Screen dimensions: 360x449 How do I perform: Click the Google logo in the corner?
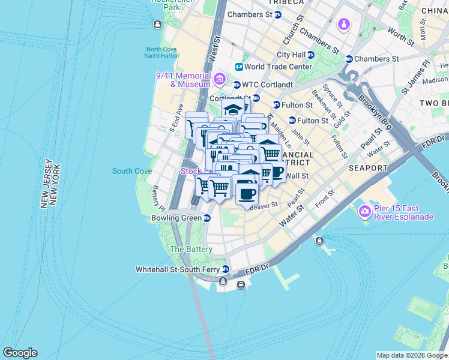pos(20,353)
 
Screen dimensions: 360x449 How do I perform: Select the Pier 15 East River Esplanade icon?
pos(364,211)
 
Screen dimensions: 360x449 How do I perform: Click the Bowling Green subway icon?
pos(206,218)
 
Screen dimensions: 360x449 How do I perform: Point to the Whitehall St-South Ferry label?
pos(178,269)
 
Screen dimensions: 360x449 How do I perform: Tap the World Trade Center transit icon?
pos(239,67)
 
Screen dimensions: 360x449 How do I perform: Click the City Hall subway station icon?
pos(311,55)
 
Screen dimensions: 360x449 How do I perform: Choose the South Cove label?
pos(131,171)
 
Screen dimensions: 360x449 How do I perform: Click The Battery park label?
pos(191,249)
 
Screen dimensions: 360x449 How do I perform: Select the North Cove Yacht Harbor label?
pos(162,53)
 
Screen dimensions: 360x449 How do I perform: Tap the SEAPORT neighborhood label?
pos(367,168)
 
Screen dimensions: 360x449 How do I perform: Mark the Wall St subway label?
pos(297,176)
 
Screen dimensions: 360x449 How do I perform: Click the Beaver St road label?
pos(265,205)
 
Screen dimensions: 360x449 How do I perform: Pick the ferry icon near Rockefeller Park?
pos(157,25)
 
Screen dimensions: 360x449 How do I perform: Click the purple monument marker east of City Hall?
pos(343,25)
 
